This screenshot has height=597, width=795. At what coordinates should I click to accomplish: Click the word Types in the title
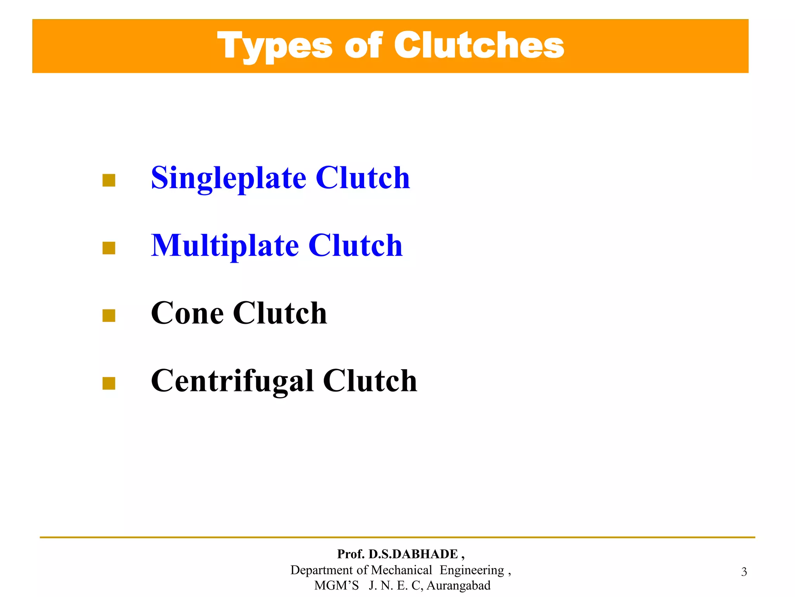(274, 46)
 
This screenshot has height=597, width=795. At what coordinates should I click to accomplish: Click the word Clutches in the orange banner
(479, 45)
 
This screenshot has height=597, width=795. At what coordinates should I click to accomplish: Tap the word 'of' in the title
(363, 45)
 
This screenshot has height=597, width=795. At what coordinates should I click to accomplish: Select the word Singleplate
(229, 178)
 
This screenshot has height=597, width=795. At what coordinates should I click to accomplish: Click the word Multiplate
(225, 246)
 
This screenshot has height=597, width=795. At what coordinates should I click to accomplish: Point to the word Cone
(187, 313)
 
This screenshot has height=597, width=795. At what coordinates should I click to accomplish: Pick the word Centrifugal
(232, 381)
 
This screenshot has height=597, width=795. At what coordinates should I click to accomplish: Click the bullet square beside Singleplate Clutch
(109, 180)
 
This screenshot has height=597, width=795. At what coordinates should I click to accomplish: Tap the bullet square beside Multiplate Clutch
(109, 248)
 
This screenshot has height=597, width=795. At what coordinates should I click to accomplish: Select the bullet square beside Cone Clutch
(109, 316)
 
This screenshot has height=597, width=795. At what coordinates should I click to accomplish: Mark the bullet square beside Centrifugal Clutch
(109, 383)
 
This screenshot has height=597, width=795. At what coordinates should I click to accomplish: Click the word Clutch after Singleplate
(363, 178)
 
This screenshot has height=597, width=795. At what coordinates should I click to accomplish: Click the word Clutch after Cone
(279, 313)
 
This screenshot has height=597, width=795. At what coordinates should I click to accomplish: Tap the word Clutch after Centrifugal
(370, 381)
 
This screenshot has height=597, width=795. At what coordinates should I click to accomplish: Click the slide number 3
(744, 572)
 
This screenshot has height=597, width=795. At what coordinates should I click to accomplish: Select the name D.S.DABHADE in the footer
(413, 554)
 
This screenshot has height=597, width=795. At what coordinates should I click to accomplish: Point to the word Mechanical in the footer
(401, 570)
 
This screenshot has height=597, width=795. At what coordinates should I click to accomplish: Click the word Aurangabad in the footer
(458, 585)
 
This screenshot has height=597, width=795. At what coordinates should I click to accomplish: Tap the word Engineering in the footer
(472, 570)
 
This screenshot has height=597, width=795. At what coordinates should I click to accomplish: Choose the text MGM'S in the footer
(336, 585)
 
